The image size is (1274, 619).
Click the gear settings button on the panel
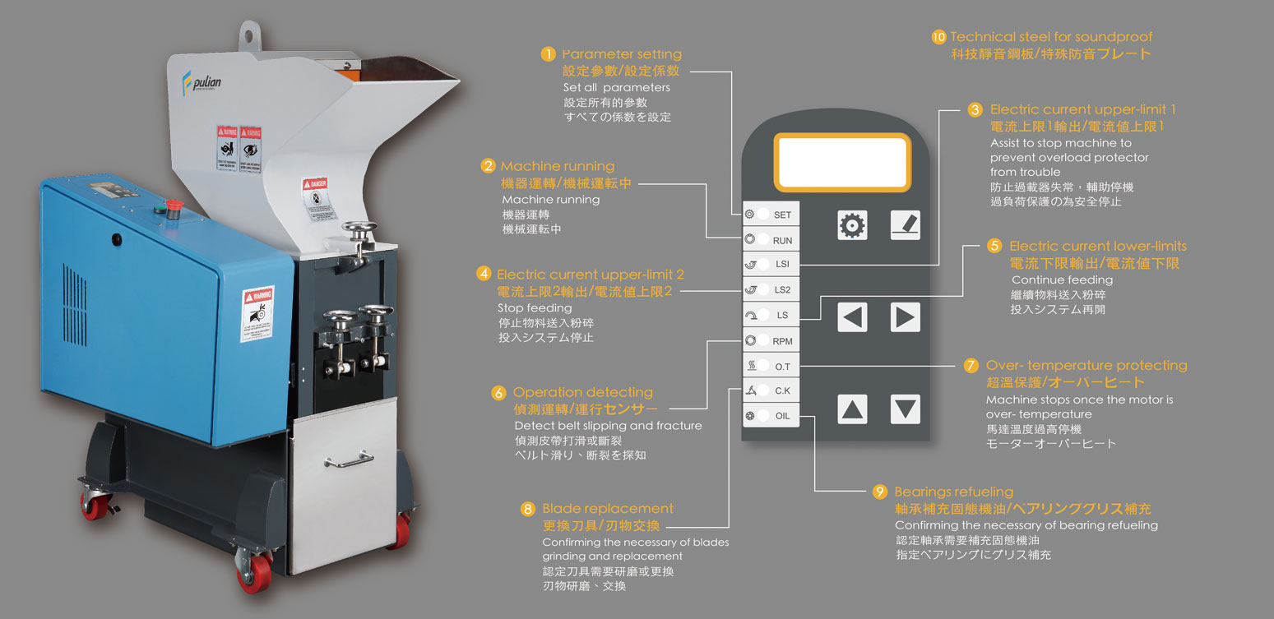852,225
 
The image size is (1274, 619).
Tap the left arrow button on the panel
852,316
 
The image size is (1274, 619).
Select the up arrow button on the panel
852,409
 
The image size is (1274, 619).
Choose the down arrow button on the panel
905,409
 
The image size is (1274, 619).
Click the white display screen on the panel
842,162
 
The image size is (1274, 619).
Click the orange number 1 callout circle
549,54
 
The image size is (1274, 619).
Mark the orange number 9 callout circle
880,492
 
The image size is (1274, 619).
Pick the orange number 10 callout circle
938,37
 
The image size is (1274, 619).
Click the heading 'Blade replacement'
607,509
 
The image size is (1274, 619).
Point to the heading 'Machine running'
557,166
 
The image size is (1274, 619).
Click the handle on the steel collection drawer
349,462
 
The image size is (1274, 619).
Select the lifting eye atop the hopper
251,35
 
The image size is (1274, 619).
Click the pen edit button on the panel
905,225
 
